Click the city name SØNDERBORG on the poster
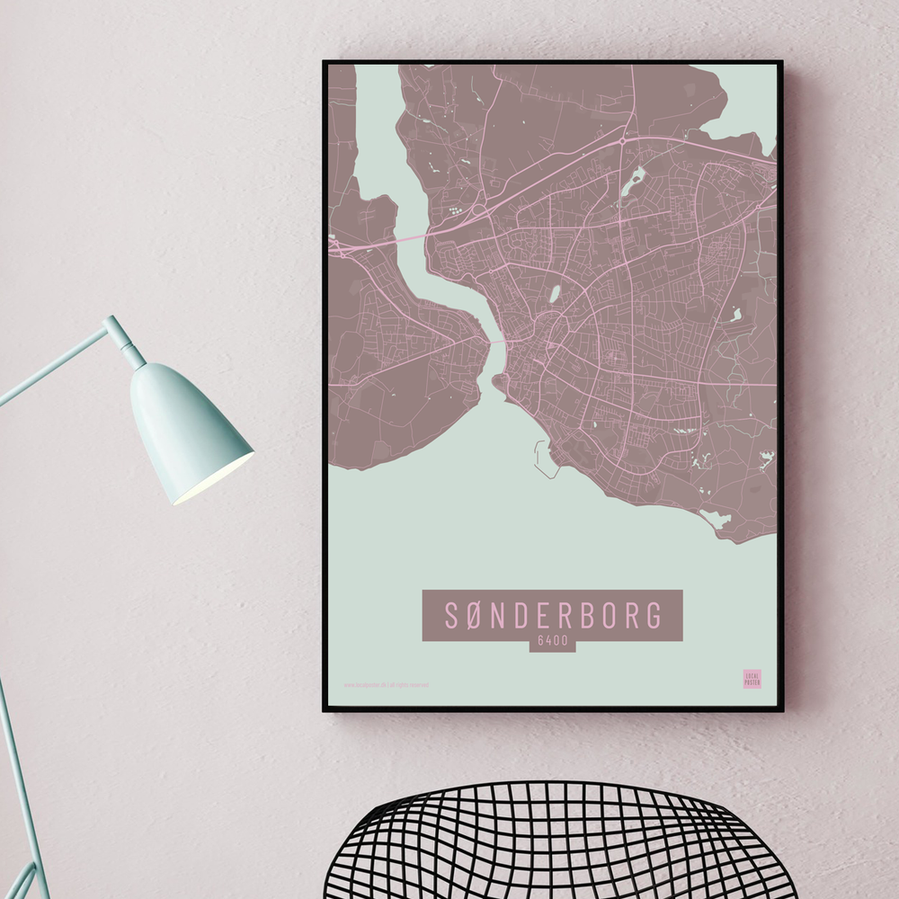click(x=552, y=615)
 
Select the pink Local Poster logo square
click(x=752, y=679)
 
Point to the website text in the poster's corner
click(x=387, y=684)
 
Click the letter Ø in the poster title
click(x=476, y=615)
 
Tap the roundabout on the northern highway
click(x=622, y=141)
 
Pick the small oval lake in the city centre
click(x=555, y=293)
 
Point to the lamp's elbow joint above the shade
click(x=116, y=327)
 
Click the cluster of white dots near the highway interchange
click(x=458, y=212)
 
